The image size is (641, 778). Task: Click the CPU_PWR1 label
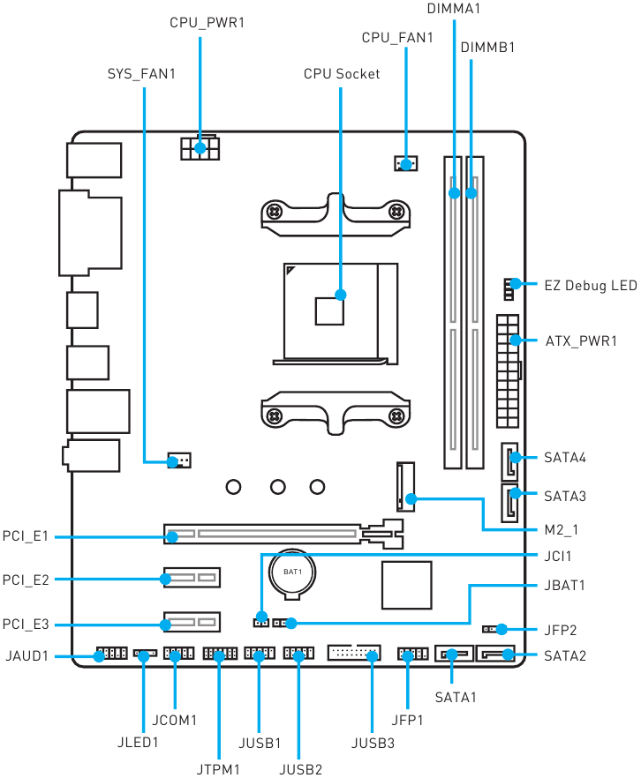pyautogui.click(x=207, y=23)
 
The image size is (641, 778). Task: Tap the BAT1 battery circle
pyautogui.click(x=292, y=572)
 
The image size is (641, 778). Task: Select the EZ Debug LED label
pyautogui.click(x=591, y=286)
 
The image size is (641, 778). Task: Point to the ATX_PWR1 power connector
pyautogui.click(x=508, y=371)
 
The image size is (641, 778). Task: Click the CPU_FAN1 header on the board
pyautogui.click(x=405, y=163)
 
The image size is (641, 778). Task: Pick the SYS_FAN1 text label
pyautogui.click(x=141, y=74)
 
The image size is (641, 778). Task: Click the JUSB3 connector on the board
pyautogui.click(x=354, y=653)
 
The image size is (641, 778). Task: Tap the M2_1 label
pyautogui.click(x=561, y=530)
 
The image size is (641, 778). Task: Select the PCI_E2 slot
pyautogui.click(x=192, y=578)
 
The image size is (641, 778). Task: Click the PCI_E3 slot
pyautogui.click(x=192, y=622)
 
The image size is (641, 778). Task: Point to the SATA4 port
pyautogui.click(x=509, y=461)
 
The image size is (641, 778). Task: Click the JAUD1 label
pyautogui.click(x=27, y=656)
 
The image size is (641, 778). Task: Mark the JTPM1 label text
pyautogui.click(x=218, y=769)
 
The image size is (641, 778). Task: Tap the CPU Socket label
pyautogui.click(x=342, y=74)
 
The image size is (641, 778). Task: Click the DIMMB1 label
pyautogui.click(x=487, y=48)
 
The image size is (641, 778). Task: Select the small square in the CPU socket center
pyautogui.click(x=329, y=311)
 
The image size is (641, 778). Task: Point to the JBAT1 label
pyautogui.click(x=564, y=586)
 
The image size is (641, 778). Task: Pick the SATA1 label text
pyautogui.click(x=456, y=697)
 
